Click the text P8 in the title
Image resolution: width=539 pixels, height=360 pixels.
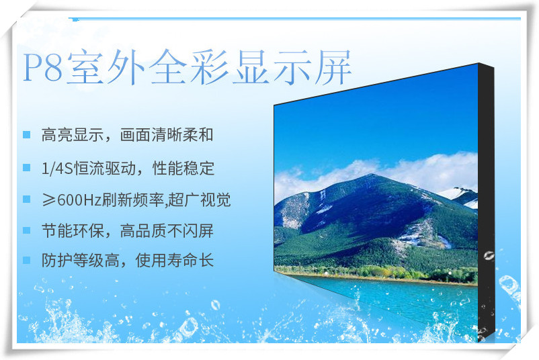coord(43,67)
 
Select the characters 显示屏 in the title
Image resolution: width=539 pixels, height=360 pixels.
coord(292,66)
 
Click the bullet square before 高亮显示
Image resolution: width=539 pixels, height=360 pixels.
coord(26,134)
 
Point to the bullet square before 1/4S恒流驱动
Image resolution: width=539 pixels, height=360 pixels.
coord(26,167)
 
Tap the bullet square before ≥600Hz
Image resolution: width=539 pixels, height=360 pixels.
coord(26,199)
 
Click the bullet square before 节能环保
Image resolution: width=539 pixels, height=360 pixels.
coord(26,230)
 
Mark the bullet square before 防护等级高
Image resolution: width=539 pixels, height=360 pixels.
coord(26,260)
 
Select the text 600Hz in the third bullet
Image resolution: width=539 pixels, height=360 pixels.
coord(79,200)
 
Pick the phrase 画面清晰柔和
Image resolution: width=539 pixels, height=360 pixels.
coord(167,134)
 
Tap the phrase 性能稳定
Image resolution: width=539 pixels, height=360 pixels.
coord(183,168)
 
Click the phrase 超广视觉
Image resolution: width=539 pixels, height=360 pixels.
coord(200,199)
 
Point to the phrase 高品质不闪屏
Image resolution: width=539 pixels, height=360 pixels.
coord(167,230)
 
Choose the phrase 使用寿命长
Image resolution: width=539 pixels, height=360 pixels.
coord(175,260)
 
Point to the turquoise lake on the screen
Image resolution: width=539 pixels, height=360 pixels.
coord(395,296)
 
